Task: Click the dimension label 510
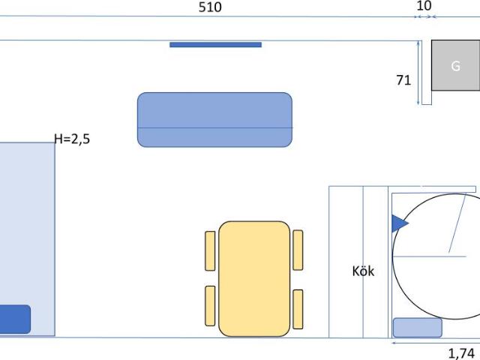pyautogui.click(x=210, y=7)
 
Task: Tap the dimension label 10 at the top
pyautogui.click(x=424, y=6)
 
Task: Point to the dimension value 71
pyautogui.click(x=403, y=80)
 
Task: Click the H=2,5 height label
pyautogui.click(x=72, y=139)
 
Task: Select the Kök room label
pyautogui.click(x=363, y=271)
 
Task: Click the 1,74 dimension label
pyautogui.click(x=461, y=353)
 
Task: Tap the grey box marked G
pyautogui.click(x=456, y=65)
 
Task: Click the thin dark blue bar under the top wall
pyautogui.click(x=215, y=45)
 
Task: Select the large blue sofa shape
pyautogui.click(x=214, y=120)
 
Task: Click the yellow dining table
pyautogui.click(x=254, y=278)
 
